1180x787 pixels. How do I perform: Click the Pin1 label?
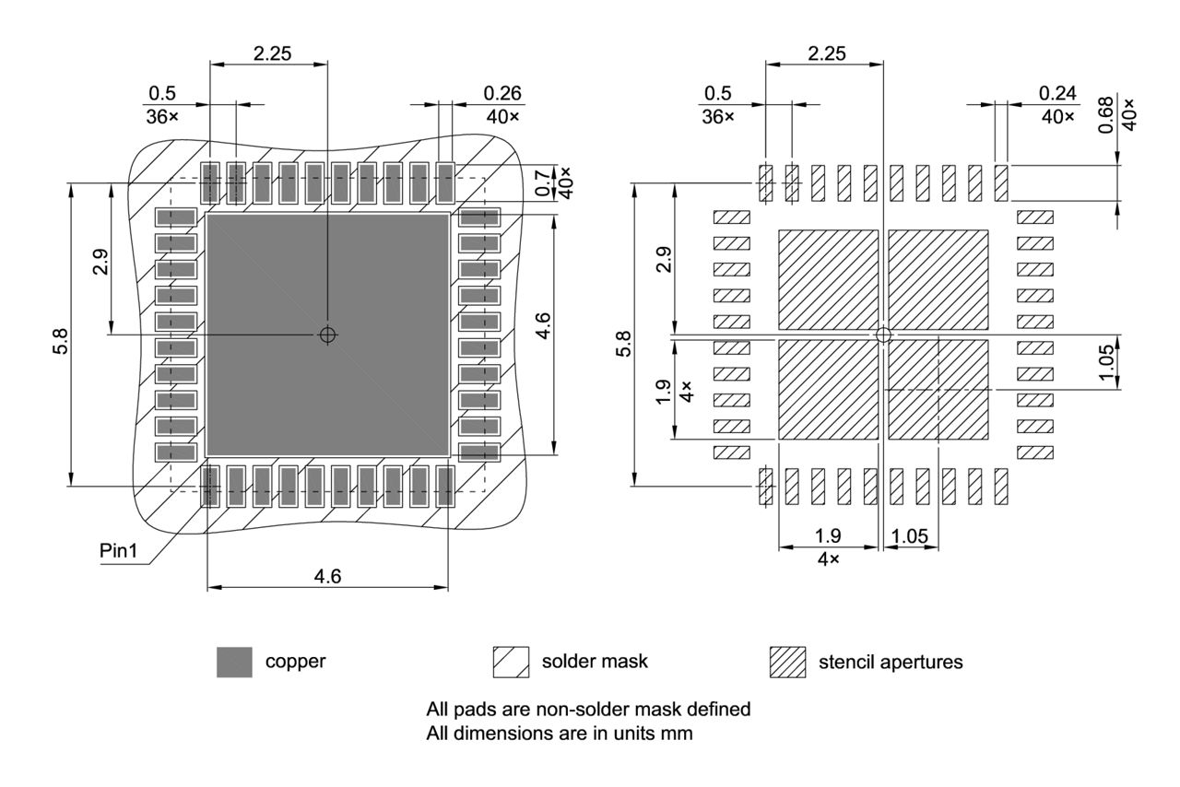tap(119, 550)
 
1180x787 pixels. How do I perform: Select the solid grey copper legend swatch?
tap(234, 662)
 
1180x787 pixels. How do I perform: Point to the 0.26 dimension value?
tap(502, 93)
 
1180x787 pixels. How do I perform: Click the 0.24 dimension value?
tap(1057, 93)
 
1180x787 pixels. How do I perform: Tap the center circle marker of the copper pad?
tap(327, 335)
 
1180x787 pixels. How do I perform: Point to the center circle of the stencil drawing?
tap(883, 335)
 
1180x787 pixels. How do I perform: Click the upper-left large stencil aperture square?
tap(828, 280)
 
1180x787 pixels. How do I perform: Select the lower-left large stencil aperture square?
tap(828, 390)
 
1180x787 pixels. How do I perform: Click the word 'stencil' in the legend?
tap(846, 662)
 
